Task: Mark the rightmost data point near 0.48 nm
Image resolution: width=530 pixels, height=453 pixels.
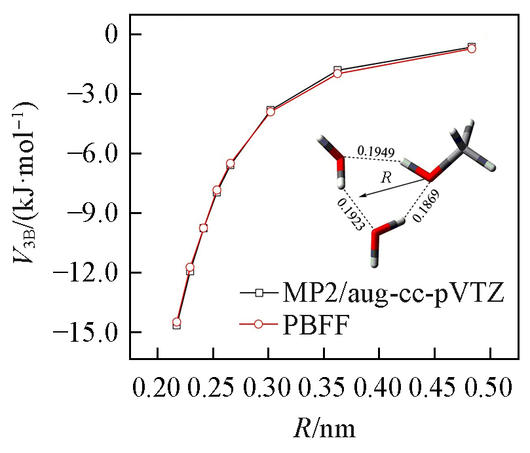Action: coord(472,48)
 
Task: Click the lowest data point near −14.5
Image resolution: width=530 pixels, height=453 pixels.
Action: coord(176,323)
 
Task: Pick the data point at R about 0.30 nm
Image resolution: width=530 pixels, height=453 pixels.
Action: coord(270,111)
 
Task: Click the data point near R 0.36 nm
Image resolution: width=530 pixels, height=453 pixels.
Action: coord(337,72)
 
